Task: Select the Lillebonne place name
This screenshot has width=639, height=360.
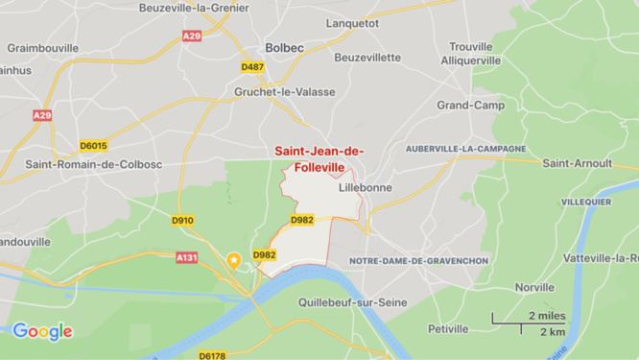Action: (x=365, y=188)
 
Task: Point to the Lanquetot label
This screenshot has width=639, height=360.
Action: (x=352, y=22)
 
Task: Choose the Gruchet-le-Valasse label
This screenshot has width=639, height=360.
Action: (x=278, y=92)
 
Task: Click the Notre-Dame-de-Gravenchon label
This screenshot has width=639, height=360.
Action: (x=418, y=261)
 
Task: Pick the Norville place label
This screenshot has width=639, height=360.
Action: (x=534, y=287)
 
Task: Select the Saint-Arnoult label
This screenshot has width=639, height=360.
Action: (x=577, y=163)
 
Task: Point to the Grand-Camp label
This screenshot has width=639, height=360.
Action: (x=470, y=105)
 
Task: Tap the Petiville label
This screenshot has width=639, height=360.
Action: (x=448, y=328)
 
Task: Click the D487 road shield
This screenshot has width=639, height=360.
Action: (x=252, y=67)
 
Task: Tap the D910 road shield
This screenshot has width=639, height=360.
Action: (x=182, y=221)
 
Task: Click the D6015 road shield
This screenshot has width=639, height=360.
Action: (x=93, y=146)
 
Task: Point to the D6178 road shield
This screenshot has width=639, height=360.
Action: (x=212, y=355)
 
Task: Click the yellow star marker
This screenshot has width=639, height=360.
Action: (x=232, y=259)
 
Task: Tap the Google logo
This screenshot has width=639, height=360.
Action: (x=42, y=332)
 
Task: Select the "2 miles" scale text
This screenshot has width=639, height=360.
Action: (x=546, y=316)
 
